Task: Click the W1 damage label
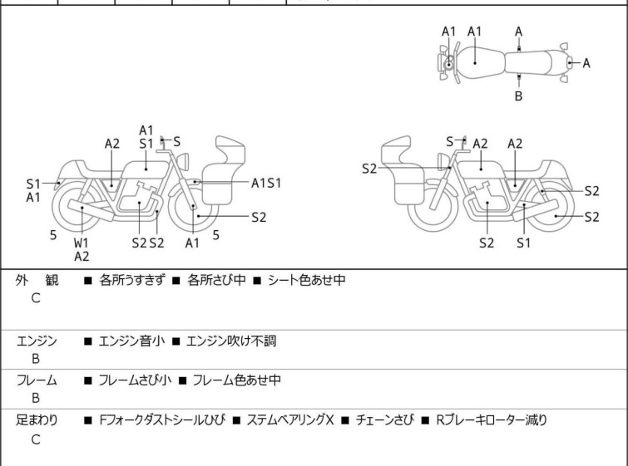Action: tap(82, 243)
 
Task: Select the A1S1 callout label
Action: tap(266, 182)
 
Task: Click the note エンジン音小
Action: tap(131, 341)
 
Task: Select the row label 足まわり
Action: tap(37, 420)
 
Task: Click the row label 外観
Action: tap(37, 281)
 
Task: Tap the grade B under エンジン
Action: tap(36, 359)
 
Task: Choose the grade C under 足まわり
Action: tap(36, 439)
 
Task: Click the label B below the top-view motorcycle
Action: tap(518, 96)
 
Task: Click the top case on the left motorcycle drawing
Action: tap(231, 153)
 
